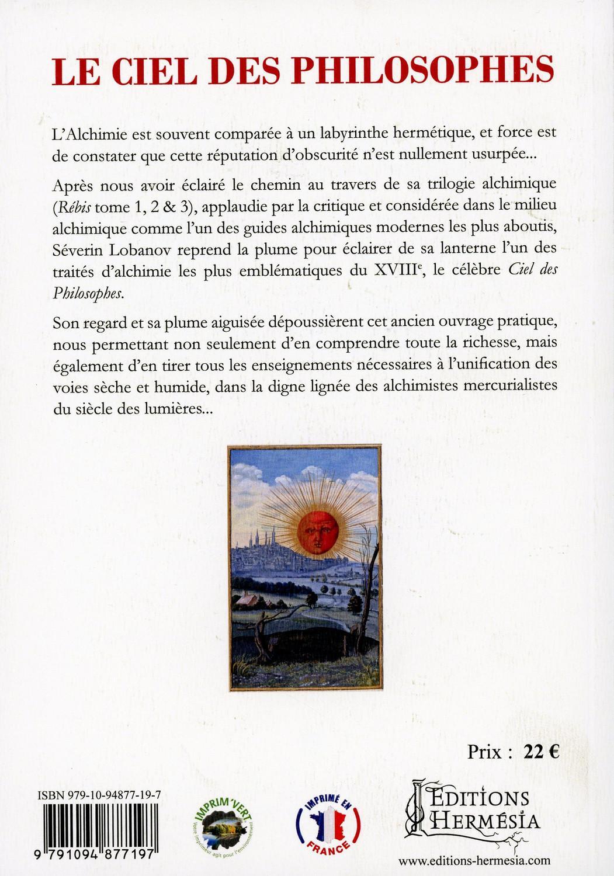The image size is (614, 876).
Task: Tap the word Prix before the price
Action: pyautogui.click(x=484, y=752)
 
